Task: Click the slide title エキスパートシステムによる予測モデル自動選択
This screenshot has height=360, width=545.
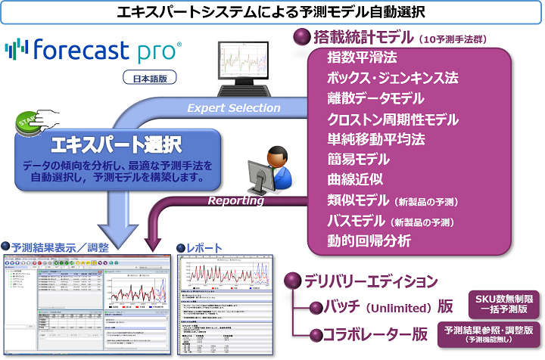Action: [272, 11]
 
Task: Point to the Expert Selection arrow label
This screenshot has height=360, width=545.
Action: [234, 107]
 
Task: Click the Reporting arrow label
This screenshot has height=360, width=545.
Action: [236, 200]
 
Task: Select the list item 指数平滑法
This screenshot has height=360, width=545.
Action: [362, 57]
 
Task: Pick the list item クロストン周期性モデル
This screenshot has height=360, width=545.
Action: [393, 119]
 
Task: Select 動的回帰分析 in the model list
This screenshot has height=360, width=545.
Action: [369, 241]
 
